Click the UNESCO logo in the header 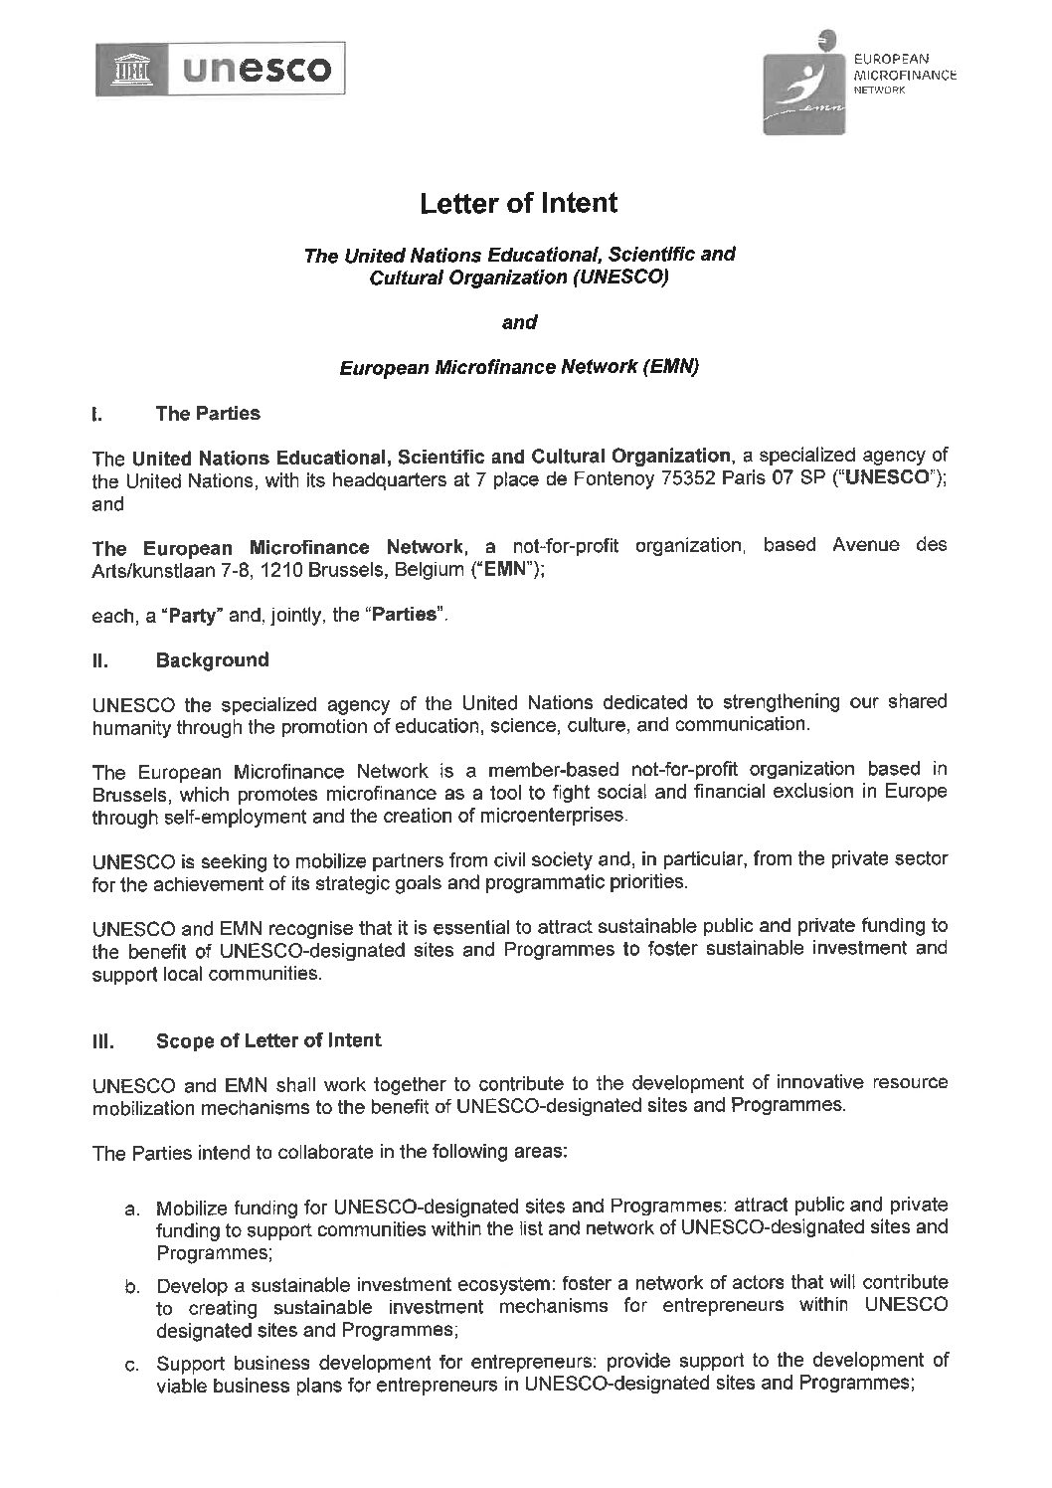(x=221, y=69)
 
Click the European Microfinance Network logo (x=805, y=84)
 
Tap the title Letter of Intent (x=518, y=204)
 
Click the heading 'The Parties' (x=208, y=413)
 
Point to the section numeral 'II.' (x=100, y=660)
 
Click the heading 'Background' (x=212, y=660)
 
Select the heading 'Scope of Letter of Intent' (x=268, y=1040)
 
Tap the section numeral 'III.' (x=103, y=1042)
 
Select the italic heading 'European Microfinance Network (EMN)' (x=519, y=367)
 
